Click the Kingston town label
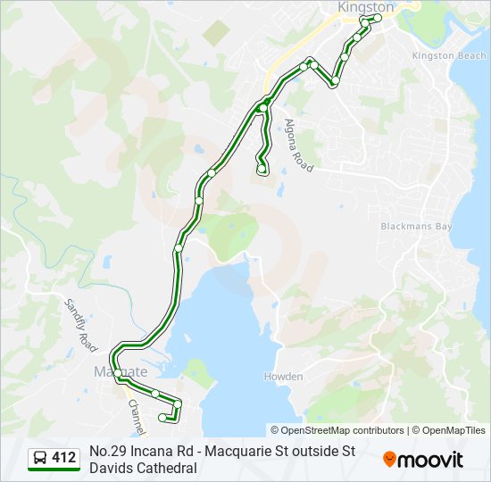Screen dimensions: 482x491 pos(366,7)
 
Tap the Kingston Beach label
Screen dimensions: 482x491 pos(449,55)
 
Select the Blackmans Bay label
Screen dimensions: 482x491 pos(416,227)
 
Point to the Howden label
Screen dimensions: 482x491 pos(283,377)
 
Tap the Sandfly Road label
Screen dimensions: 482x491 pos(80,324)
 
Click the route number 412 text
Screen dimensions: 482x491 pos(63,458)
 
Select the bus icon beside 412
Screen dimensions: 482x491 pos(41,459)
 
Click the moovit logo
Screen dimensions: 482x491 pos(423,460)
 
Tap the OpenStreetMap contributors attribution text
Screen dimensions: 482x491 pos(337,430)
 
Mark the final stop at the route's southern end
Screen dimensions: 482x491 pos(162,417)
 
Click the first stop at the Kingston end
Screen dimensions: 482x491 pos(378,18)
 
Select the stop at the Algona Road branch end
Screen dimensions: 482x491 pos(262,168)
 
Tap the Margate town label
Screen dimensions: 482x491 pos(120,371)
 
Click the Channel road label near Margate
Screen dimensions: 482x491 pos(135,413)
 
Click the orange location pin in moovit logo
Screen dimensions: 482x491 pos(390,460)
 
